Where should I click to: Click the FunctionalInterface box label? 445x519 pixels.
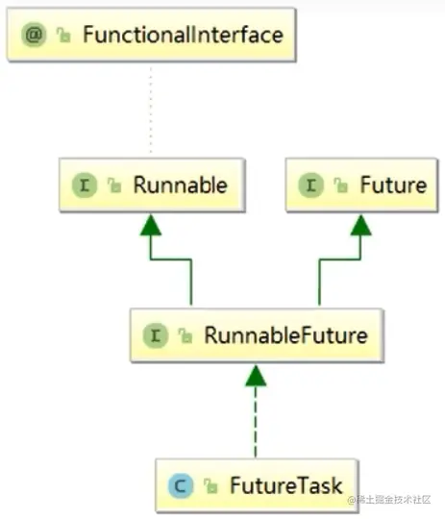coord(183,37)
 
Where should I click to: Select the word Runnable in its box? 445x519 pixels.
coord(180,185)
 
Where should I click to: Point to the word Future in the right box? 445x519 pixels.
coord(392,185)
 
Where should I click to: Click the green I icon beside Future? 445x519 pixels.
coord(313,185)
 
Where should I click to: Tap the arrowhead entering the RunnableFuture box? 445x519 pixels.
coord(255,376)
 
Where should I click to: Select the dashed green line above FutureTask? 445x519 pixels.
coord(255,423)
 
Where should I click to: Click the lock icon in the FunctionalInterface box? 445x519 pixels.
coord(63,37)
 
